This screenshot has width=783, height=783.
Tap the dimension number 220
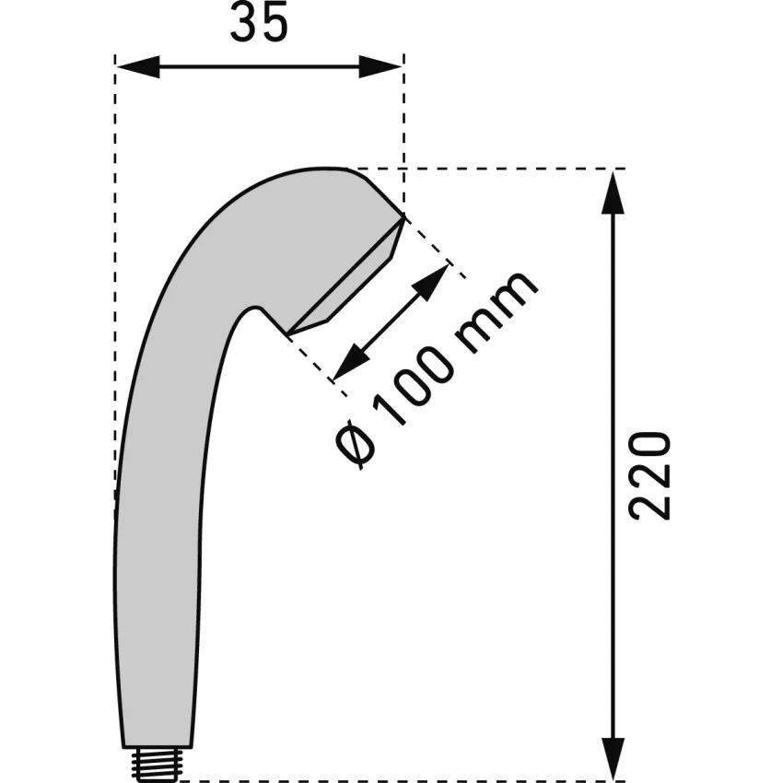tap(649, 476)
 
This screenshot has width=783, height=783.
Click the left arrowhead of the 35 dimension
tap(138, 66)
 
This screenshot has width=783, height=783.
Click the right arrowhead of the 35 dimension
tap(380, 66)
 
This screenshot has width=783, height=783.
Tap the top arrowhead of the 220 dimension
tap(614, 193)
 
